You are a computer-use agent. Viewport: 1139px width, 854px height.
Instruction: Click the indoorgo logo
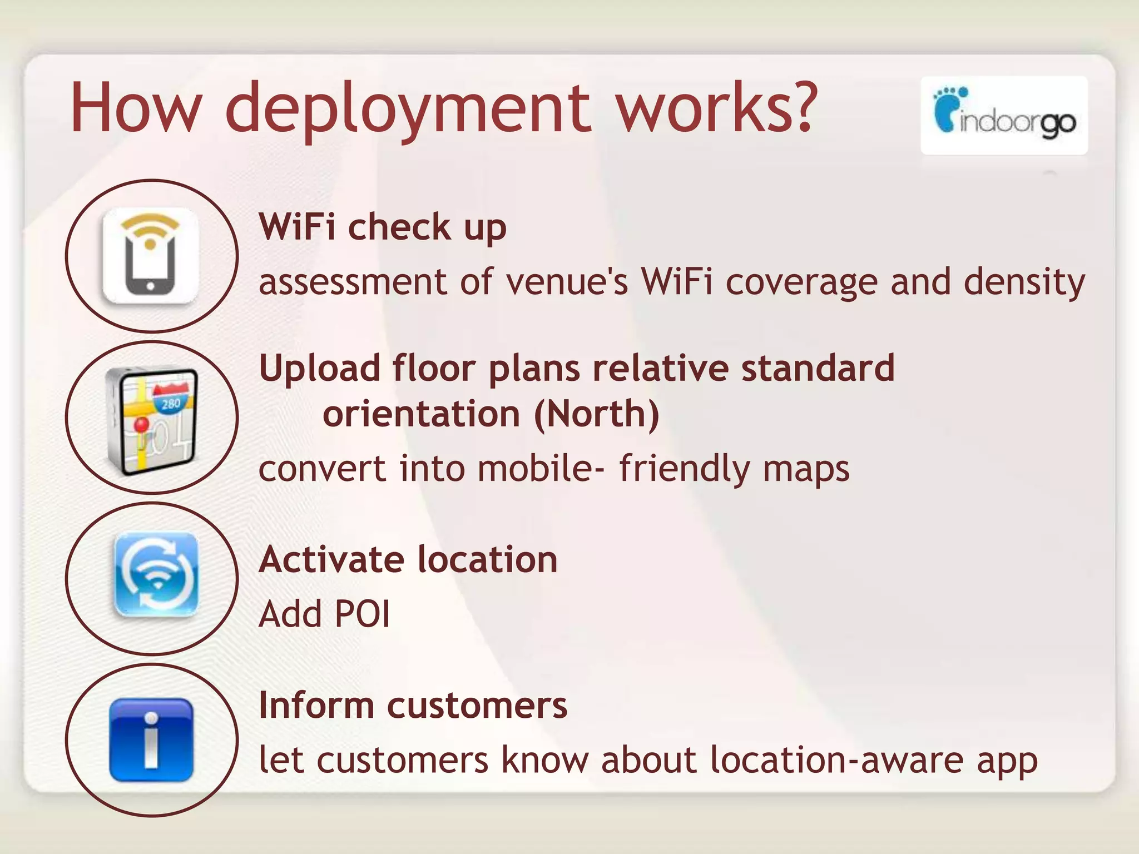(1004, 115)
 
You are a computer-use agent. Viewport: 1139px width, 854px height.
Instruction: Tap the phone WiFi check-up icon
(150, 256)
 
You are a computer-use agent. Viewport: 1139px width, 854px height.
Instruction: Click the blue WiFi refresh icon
(156, 575)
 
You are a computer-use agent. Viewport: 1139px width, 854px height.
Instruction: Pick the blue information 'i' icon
(151, 739)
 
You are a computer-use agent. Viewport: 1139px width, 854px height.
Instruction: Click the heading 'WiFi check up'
(383, 228)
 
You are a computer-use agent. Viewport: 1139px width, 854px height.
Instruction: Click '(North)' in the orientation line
(596, 415)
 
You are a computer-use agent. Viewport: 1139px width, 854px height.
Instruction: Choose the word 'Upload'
(320, 369)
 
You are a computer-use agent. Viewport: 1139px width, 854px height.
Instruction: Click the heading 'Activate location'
(408, 559)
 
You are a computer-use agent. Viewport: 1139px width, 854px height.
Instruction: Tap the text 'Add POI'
(324, 614)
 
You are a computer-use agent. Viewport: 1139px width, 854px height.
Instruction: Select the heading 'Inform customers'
(413, 706)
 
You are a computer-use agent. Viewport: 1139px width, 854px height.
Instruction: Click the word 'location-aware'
(837, 760)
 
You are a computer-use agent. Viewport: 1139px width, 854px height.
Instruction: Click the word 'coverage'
(801, 282)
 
